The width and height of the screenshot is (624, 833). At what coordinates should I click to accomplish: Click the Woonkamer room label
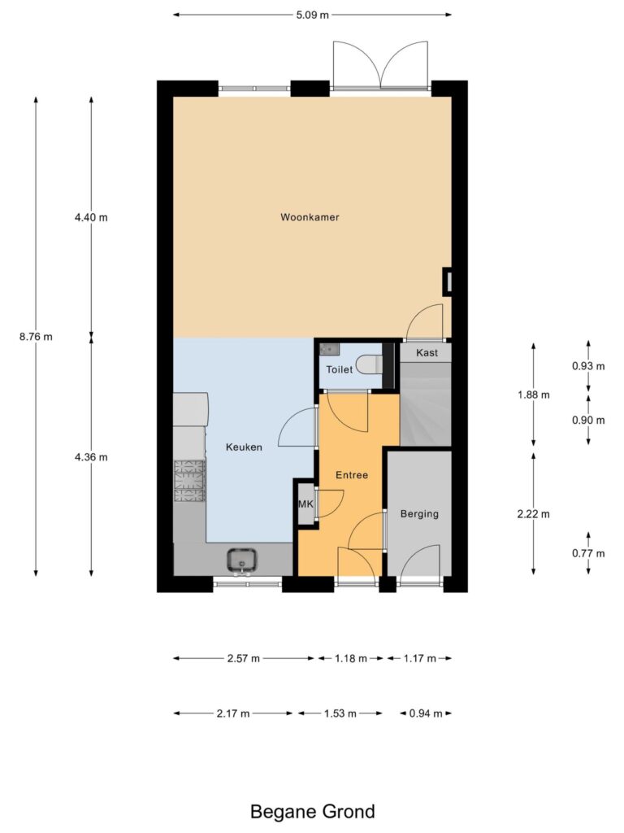click(x=310, y=217)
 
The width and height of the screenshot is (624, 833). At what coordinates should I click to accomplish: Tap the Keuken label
click(x=244, y=447)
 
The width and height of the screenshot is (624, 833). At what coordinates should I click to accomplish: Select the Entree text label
click(x=352, y=475)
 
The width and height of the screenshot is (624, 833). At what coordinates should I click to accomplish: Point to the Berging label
click(x=420, y=514)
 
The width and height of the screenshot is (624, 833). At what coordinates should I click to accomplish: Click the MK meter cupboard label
click(x=305, y=504)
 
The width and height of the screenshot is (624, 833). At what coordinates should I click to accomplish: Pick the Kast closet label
click(x=427, y=353)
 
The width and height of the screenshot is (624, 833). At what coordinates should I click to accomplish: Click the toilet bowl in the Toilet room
click(x=369, y=365)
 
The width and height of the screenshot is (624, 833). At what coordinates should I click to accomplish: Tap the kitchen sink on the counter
click(x=242, y=560)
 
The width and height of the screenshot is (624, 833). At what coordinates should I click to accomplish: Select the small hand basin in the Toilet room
click(x=330, y=350)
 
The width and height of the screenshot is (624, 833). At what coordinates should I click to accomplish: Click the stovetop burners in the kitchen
click(x=189, y=482)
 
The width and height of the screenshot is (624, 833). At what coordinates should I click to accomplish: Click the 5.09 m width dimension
click(x=313, y=15)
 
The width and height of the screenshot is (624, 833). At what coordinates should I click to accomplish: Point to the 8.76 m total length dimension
click(x=36, y=337)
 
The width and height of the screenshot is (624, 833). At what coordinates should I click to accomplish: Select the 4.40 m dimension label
click(x=91, y=217)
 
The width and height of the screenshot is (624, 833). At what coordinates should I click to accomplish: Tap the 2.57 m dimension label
click(x=244, y=659)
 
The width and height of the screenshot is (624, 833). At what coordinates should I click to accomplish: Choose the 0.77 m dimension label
click(x=588, y=553)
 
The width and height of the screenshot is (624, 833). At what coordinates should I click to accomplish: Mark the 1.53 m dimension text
click(x=340, y=713)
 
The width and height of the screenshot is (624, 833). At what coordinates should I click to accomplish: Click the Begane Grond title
click(x=313, y=812)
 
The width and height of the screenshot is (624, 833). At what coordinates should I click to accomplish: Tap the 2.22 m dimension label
click(x=534, y=514)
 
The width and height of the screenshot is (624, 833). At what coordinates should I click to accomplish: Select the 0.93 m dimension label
click(x=588, y=366)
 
